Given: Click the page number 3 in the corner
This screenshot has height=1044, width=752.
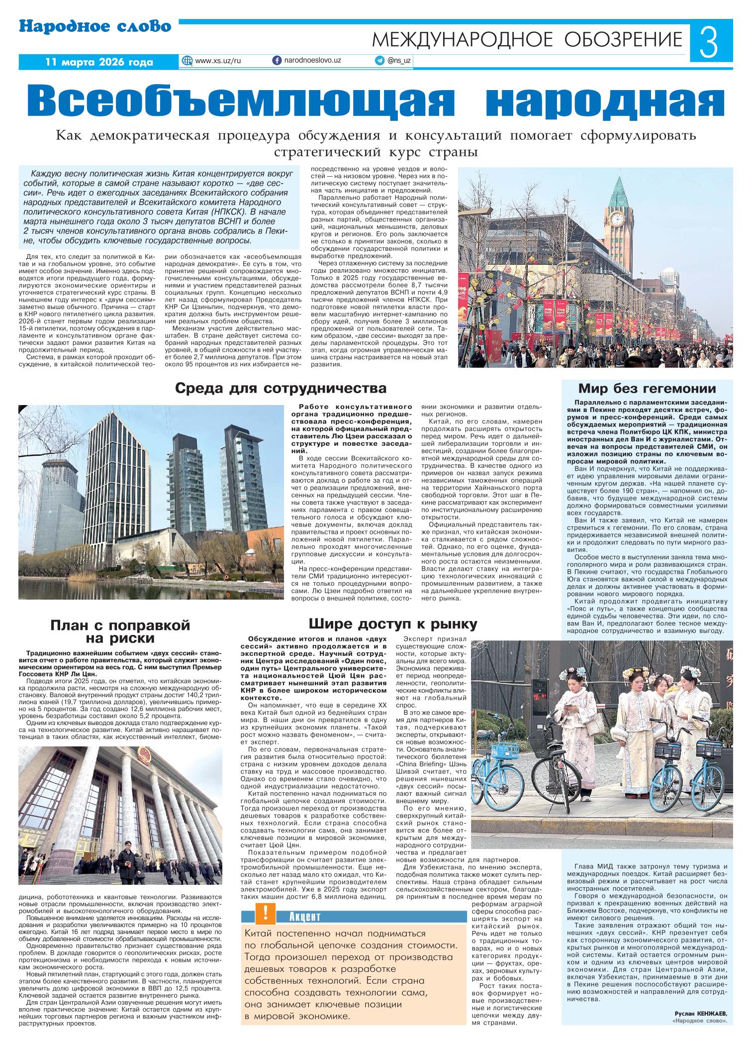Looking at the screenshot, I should pos(711,42).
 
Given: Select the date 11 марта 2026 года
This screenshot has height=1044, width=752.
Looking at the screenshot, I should pos(98,62).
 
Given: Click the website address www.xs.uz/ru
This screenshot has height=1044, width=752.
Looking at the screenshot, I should pos(218,60).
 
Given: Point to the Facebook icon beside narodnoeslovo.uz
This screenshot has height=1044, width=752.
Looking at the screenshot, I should pos(277,60).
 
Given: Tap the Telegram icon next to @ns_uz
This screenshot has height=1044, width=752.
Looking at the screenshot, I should pos(379,60).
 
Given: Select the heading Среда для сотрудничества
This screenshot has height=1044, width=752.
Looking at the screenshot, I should pos(281,389).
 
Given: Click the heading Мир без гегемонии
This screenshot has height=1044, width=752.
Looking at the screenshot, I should pos(647,389).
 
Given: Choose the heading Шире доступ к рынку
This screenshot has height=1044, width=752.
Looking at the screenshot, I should pos(392,624).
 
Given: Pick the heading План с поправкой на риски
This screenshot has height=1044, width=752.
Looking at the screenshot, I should pos(120,631).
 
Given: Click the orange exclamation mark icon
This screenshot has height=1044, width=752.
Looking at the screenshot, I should pos(266,911).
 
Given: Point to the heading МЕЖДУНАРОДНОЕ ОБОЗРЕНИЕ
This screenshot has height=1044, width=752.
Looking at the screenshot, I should pos(527,39).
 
